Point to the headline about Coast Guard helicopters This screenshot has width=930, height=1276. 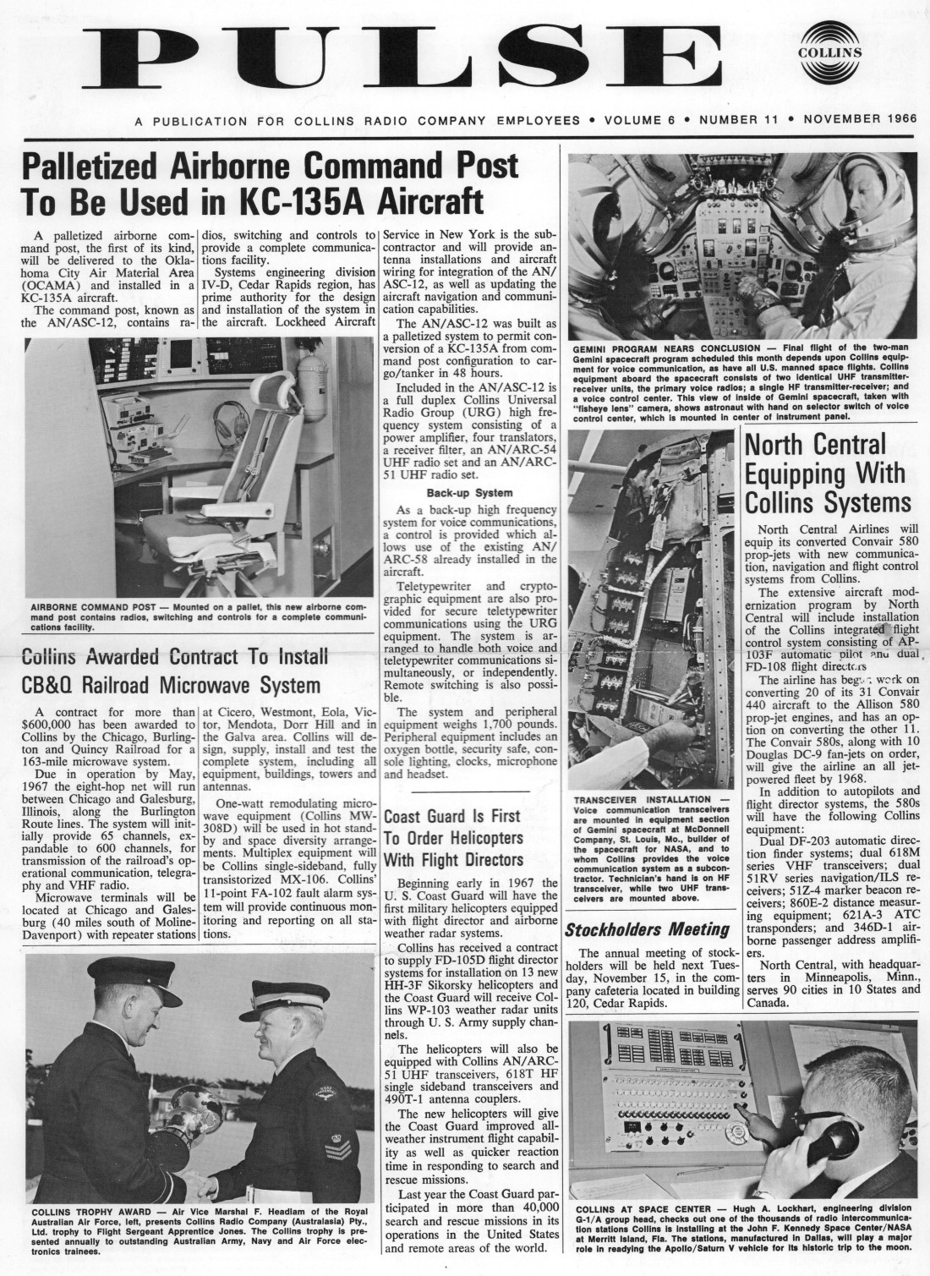pyautogui.click(x=453, y=838)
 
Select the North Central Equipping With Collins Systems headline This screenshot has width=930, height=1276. pyautogui.click(x=824, y=474)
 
